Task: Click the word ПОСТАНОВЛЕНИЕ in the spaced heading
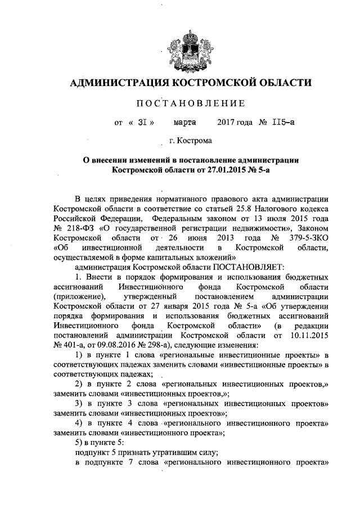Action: [181, 103]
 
